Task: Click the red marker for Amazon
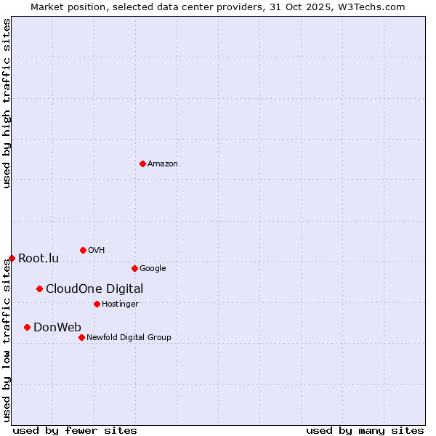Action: click(x=142, y=163)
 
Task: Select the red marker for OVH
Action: click(x=83, y=250)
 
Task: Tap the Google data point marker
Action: click(x=134, y=268)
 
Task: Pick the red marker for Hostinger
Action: click(x=97, y=304)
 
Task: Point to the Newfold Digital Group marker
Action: click(x=81, y=337)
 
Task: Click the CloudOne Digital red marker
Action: click(x=39, y=288)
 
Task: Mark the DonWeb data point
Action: click(x=27, y=327)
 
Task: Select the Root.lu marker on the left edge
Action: click(x=12, y=258)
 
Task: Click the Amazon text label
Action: click(x=163, y=164)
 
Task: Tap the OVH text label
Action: click(x=97, y=251)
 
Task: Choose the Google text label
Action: click(x=153, y=269)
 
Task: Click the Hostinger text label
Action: click(x=120, y=304)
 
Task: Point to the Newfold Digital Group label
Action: click(x=129, y=338)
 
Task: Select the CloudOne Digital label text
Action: click(x=94, y=289)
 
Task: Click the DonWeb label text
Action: click(x=57, y=327)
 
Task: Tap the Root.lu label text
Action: click(x=39, y=259)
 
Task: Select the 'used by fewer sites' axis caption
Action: click(x=75, y=430)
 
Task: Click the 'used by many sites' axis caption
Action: click(x=365, y=430)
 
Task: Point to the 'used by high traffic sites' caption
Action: click(x=7, y=103)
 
